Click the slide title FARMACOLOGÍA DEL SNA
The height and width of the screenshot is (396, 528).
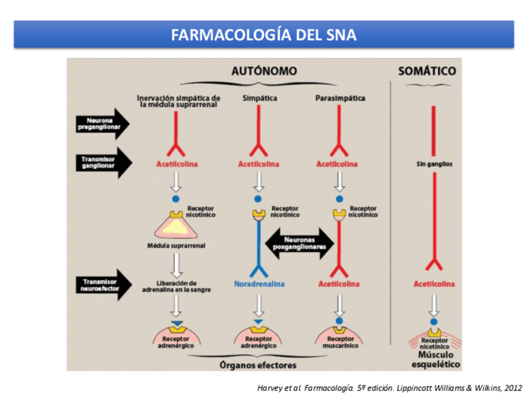[264, 34]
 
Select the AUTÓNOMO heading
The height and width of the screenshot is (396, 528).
[264, 72]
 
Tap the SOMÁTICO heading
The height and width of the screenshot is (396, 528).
[427, 72]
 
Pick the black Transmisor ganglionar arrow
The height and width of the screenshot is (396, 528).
[103, 162]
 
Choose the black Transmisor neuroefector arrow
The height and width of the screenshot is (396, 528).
[103, 285]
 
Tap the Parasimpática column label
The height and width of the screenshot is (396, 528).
[340, 98]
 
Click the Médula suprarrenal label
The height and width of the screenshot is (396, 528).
[176, 245]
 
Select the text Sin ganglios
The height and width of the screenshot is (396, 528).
[434, 164]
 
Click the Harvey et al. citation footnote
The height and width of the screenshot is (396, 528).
[389, 387]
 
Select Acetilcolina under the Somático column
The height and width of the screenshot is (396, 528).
[434, 284]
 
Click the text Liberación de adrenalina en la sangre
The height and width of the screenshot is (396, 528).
[176, 286]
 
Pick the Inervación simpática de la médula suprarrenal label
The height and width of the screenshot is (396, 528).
[178, 101]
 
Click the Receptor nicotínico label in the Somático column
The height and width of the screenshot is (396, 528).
[435, 343]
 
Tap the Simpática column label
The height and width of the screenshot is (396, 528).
[259, 98]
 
